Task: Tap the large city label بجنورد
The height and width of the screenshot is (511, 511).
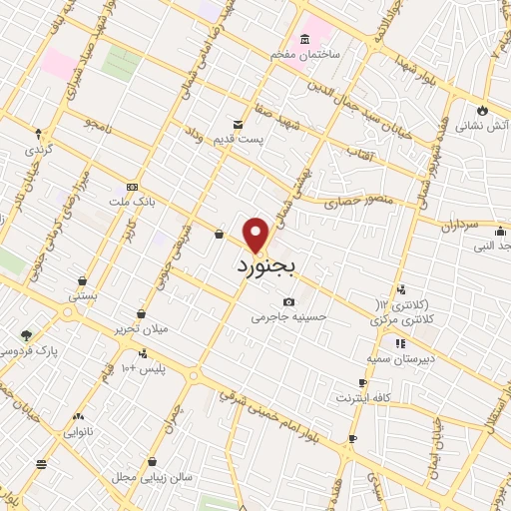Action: (270, 267)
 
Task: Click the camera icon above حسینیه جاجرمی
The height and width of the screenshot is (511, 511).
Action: (288, 301)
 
